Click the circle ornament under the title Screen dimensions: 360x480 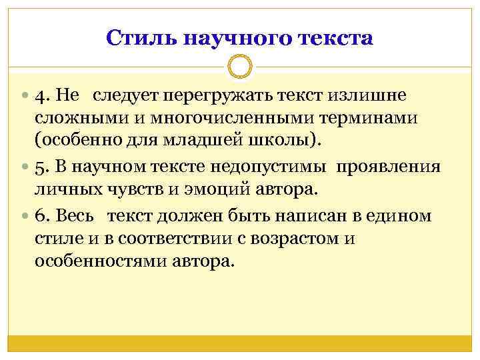(x=240, y=67)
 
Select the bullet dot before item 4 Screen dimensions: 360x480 (x=25, y=95)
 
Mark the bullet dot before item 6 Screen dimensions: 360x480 (x=25, y=216)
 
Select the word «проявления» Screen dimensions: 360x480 (x=389, y=166)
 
